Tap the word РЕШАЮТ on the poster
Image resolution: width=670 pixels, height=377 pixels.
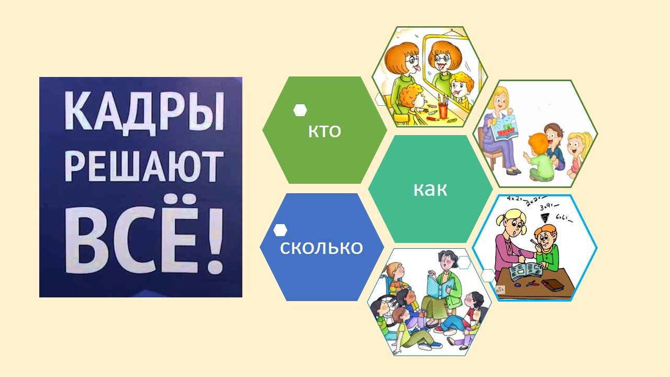click(144, 167)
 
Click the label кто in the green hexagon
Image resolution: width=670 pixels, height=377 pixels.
click(325, 131)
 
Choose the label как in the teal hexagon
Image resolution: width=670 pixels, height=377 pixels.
click(430, 189)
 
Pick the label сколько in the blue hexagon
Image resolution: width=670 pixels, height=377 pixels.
click(321, 248)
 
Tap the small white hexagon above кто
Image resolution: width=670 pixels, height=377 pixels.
click(300, 110)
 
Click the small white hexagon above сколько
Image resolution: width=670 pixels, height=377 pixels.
click(280, 230)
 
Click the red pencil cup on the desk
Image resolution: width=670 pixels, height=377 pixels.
click(443, 110)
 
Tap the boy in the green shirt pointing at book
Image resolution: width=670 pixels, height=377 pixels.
click(539, 158)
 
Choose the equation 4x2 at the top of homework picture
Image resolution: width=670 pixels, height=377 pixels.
click(514, 198)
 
